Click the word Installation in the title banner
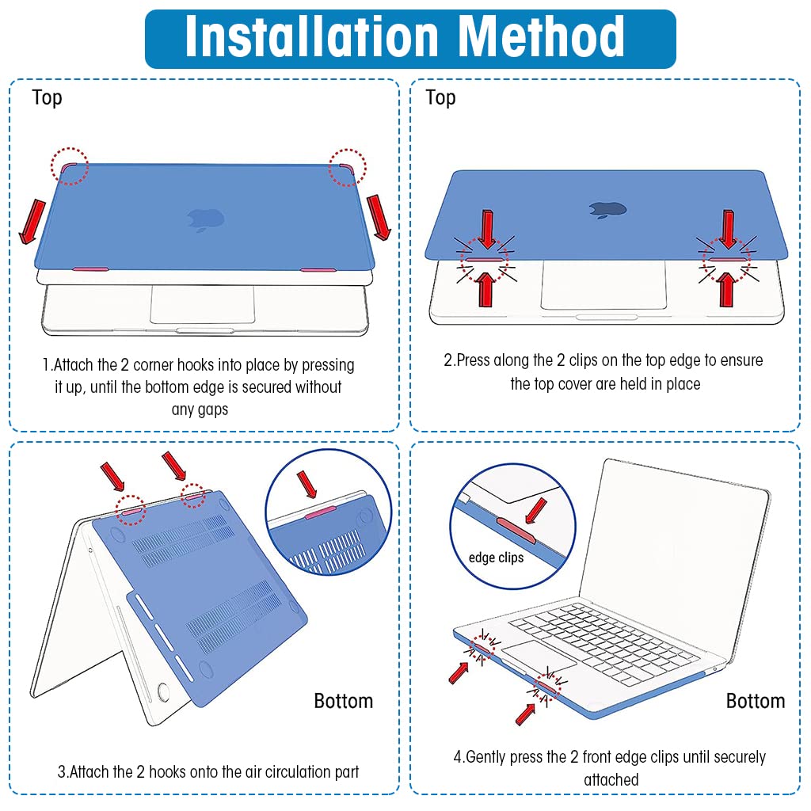312,36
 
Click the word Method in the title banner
542,36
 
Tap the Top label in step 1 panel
47,97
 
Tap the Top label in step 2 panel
440,97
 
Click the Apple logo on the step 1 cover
205,220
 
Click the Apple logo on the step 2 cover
607,209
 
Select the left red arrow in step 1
32,222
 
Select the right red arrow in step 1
379,217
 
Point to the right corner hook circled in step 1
347,168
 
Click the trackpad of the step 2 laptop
603,285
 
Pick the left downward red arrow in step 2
487,230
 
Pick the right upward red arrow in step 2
727,290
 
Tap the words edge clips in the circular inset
496,558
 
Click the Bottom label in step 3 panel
344,701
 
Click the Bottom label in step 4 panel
756,701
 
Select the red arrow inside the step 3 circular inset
307,485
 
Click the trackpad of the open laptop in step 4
539,655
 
